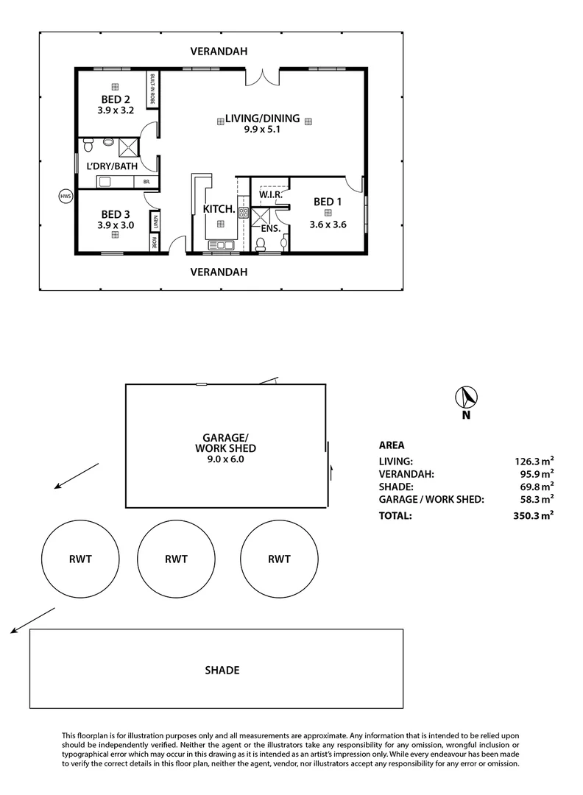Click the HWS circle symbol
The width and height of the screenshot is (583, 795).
[66, 196]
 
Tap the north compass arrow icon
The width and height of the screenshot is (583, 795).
[466, 397]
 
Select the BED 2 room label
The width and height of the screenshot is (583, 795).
[116, 100]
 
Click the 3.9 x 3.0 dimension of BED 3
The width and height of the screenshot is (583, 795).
[116, 225]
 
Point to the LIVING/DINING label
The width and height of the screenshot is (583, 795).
[263, 118]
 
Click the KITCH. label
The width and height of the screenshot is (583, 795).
[219, 209]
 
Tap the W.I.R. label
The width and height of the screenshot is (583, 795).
[271, 195]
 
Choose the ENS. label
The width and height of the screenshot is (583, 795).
[271, 229]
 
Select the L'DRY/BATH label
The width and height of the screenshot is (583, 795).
[112, 166]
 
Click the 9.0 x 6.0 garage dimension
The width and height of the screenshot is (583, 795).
[226, 459]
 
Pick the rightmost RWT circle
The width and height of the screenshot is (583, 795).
[278, 559]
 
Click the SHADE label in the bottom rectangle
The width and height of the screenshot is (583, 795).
[222, 670]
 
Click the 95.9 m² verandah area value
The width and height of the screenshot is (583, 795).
[534, 474]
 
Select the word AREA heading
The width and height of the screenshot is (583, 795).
[391, 445]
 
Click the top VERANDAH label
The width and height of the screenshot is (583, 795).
[219, 52]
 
